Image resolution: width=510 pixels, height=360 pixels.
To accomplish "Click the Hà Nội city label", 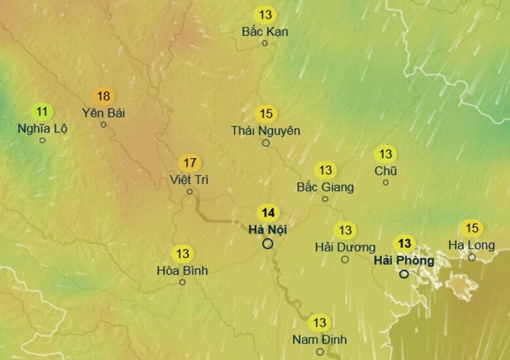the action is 268,229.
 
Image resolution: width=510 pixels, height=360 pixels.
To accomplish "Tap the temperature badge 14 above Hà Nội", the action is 268,213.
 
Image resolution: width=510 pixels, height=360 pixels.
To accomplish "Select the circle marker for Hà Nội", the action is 267,244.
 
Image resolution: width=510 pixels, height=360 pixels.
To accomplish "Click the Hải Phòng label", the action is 403,260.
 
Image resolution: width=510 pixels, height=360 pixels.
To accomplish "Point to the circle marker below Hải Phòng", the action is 404,274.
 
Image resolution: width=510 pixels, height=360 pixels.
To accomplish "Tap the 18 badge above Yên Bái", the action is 103,96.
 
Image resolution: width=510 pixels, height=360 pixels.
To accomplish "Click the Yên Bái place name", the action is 103,112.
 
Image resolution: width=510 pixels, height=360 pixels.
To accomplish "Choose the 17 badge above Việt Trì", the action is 190,163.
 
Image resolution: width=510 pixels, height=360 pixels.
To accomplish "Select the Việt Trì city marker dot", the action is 190,191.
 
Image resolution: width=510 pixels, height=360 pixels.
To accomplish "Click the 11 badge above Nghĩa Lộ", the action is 42,112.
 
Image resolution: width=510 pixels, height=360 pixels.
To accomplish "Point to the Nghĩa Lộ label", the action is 42,128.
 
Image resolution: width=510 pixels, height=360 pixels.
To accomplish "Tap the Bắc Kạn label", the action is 265,31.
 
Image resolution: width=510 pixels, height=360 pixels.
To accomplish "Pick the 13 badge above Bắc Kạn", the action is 265,15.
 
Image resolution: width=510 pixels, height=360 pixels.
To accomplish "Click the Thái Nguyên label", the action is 265,131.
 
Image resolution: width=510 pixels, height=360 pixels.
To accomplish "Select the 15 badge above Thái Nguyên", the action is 265,114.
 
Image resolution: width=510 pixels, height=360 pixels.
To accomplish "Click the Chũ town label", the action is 386,171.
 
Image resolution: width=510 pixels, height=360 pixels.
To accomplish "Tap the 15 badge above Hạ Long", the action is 471,229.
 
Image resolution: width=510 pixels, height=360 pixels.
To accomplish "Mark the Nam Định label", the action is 320,339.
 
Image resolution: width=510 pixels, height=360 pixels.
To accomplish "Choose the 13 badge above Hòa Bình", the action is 182,254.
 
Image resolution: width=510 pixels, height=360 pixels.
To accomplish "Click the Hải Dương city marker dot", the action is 345,259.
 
